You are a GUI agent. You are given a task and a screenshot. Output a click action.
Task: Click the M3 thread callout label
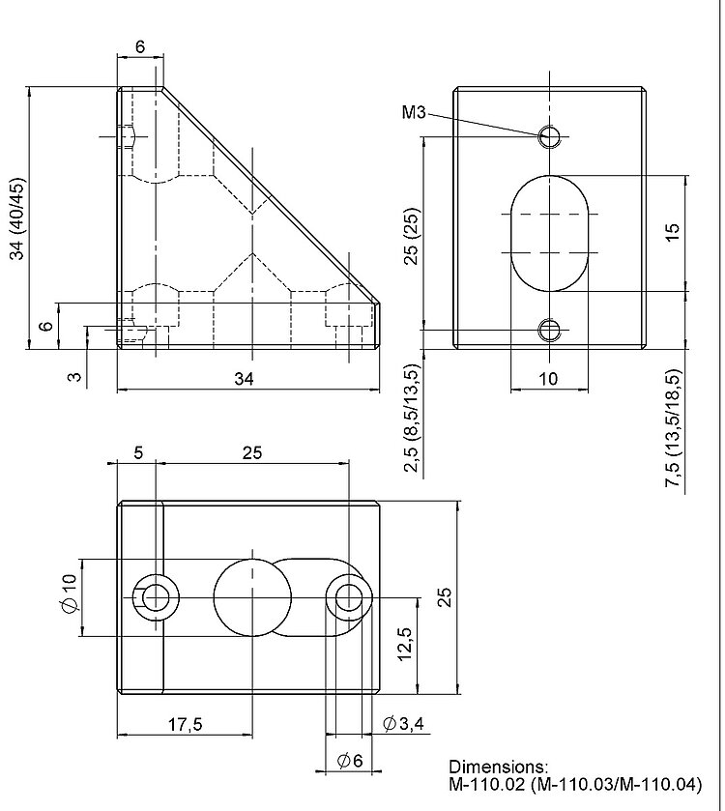[414, 113]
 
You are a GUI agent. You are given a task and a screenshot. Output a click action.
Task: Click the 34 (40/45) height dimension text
[16, 219]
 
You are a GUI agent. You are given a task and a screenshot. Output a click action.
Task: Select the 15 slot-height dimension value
[673, 233]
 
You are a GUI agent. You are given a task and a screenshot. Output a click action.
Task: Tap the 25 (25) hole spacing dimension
[412, 235]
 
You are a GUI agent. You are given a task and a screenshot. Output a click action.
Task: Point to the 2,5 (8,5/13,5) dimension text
[412, 419]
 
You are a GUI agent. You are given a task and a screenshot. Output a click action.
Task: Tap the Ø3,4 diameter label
[403, 723]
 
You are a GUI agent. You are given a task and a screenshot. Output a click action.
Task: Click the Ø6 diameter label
[350, 761]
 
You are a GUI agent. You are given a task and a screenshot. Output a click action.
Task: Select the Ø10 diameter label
[69, 592]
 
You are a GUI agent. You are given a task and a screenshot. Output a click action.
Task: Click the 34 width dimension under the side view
[245, 379]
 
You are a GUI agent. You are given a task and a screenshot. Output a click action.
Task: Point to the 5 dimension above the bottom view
[139, 451]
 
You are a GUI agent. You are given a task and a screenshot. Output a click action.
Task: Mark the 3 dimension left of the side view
[75, 375]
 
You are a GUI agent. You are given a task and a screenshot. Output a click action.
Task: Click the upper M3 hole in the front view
[549, 135]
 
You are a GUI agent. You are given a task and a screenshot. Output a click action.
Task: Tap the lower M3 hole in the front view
[549, 331]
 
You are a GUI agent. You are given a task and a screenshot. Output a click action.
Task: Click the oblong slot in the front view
[549, 233]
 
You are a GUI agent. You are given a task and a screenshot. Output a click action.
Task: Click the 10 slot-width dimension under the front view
[548, 379]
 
